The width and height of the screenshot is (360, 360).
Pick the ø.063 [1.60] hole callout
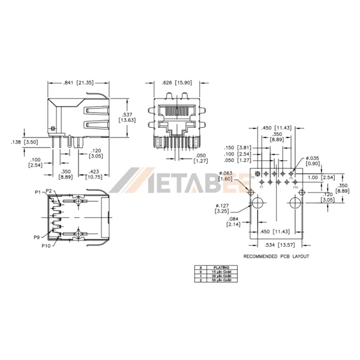226,176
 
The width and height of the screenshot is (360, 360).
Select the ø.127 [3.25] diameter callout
222,209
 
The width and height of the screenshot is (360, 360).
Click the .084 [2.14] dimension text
234,222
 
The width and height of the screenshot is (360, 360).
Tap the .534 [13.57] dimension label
277,245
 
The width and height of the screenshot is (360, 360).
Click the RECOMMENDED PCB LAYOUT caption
276,256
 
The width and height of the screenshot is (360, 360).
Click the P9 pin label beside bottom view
37,238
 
